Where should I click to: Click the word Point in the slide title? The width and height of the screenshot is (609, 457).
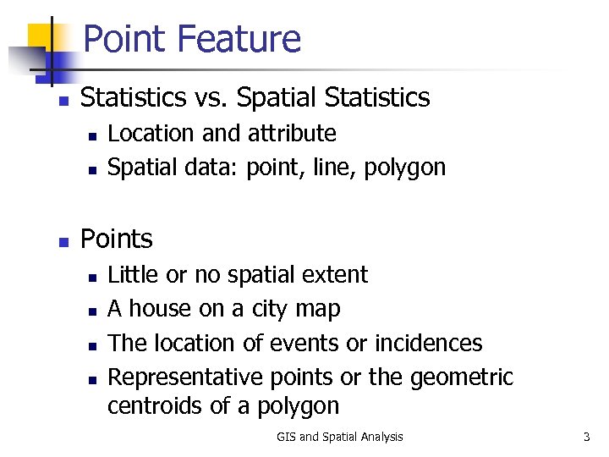click(x=126, y=39)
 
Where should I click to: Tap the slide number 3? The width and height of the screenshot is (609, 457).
click(x=586, y=437)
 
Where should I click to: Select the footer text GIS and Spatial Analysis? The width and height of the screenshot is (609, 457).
click(x=339, y=437)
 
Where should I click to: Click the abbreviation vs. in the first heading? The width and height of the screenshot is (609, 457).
click(x=208, y=97)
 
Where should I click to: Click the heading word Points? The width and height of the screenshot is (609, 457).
click(x=116, y=240)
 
